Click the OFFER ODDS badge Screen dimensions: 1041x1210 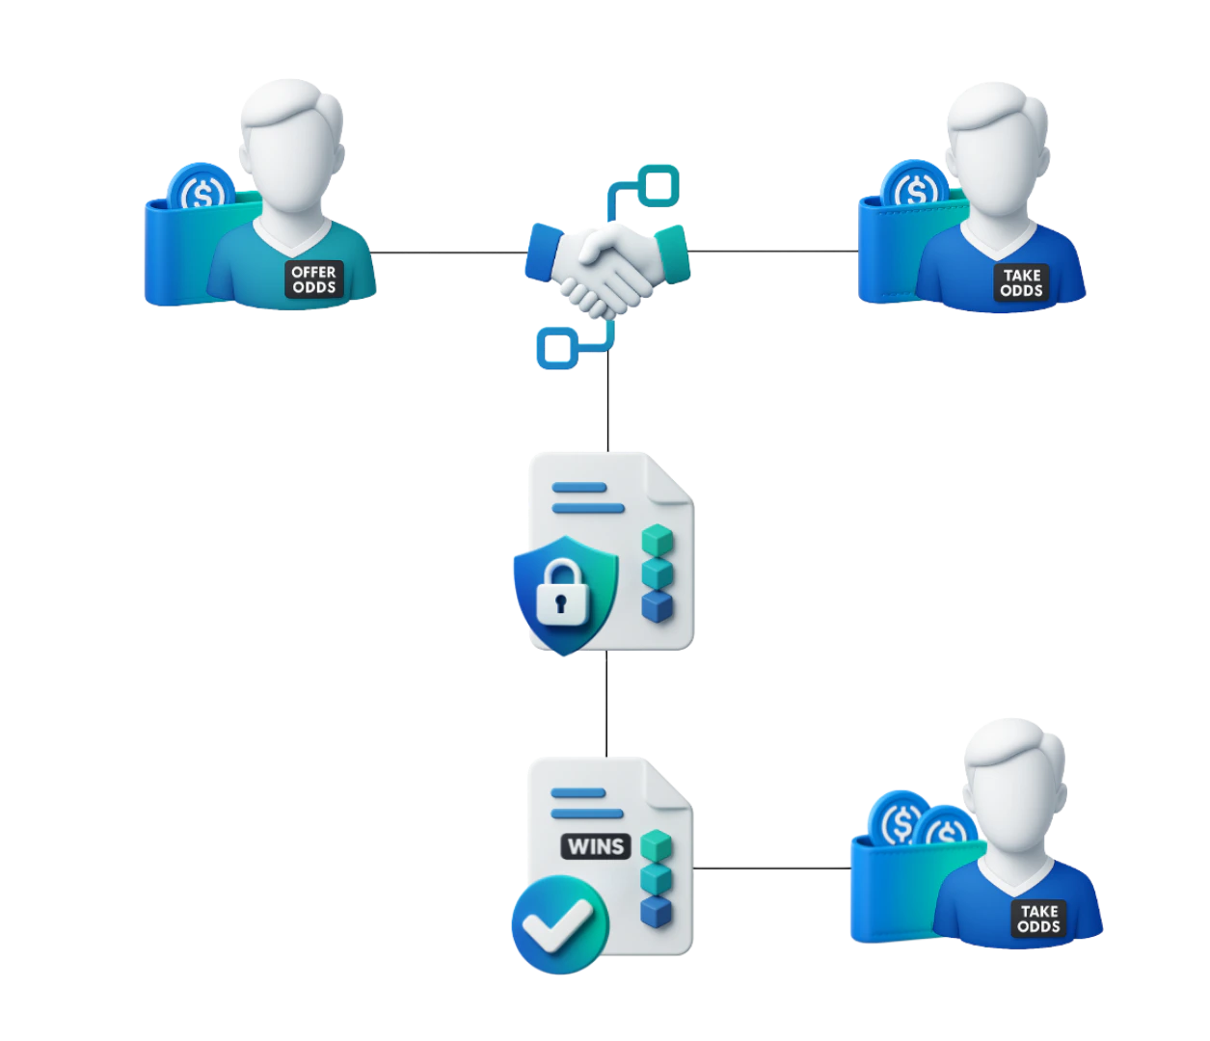[314, 280]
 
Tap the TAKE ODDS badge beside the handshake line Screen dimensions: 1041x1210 [1021, 282]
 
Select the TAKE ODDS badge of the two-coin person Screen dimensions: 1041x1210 [1038, 919]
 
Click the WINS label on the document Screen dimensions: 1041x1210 [596, 846]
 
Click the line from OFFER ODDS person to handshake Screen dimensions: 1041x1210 [448, 251]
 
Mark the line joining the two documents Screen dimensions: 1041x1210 [605, 704]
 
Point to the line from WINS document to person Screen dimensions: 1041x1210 [771, 867]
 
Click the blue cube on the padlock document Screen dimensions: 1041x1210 [657, 607]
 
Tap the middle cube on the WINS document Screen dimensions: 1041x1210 [657, 878]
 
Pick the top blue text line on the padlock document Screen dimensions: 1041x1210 [579, 487]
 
